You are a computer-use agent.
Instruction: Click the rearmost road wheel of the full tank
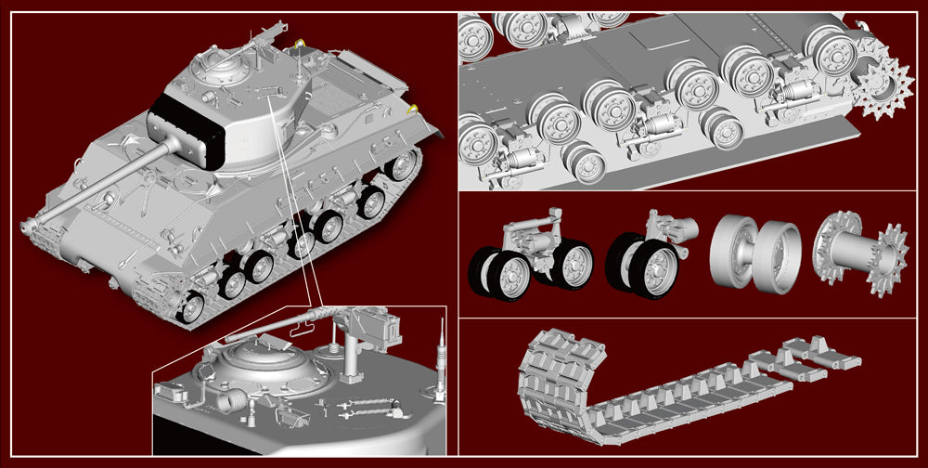[x=403, y=165]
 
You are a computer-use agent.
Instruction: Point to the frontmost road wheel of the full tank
[x=190, y=307]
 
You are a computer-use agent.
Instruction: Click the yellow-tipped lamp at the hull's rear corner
[x=412, y=110]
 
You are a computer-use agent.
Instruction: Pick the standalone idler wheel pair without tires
[x=754, y=253]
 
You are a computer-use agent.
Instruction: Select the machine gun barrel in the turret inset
[x=278, y=325]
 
